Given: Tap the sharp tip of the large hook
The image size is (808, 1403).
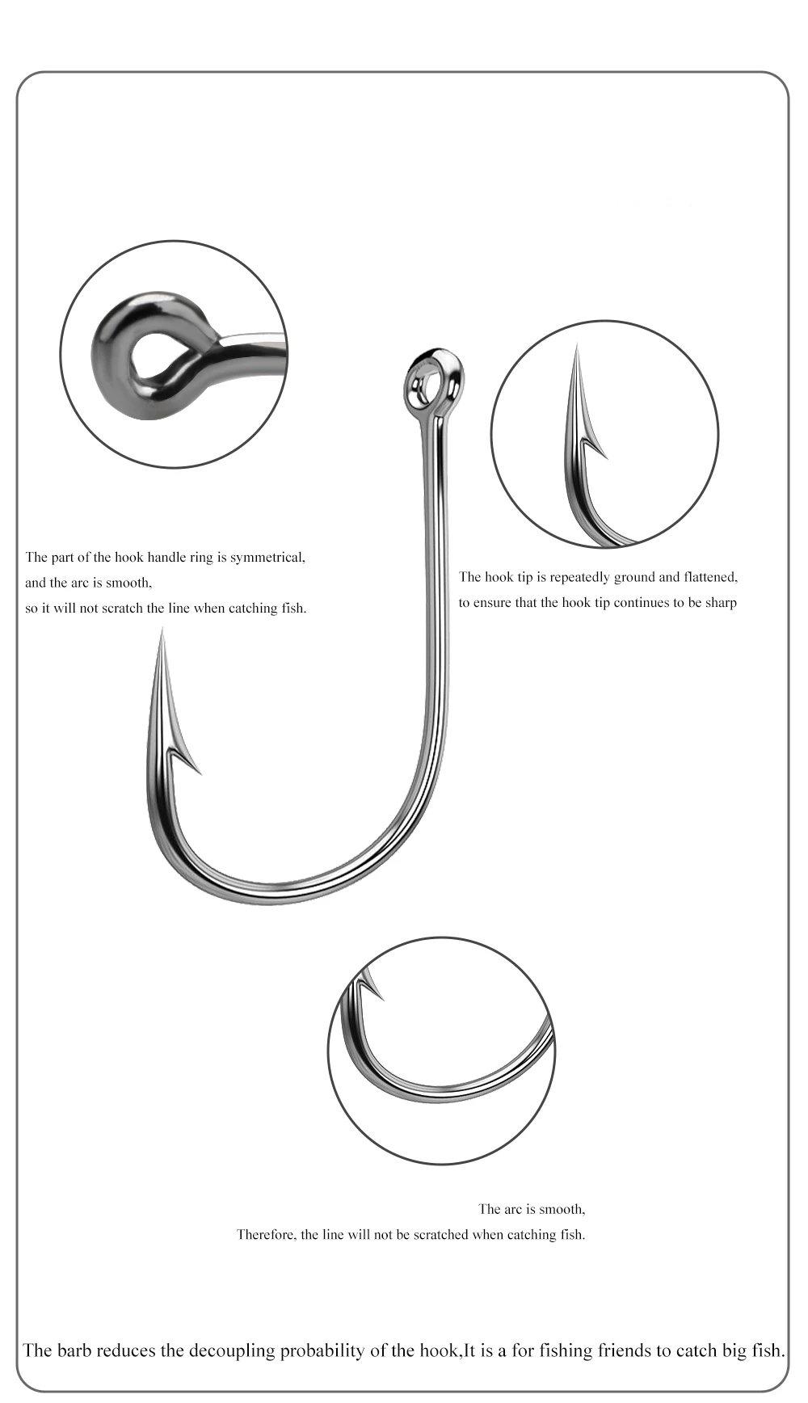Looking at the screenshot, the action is pyautogui.click(x=162, y=630).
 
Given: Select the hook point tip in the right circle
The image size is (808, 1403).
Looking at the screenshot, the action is pyautogui.click(x=576, y=346).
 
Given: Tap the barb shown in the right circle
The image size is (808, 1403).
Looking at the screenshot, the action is pyautogui.click(x=595, y=445).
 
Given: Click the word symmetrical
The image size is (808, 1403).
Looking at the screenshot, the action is pyautogui.click(x=267, y=557).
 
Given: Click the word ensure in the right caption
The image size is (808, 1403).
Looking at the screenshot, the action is pyautogui.click(x=493, y=603).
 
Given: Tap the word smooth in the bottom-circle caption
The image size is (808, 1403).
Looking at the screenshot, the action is pyautogui.click(x=560, y=1209).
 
